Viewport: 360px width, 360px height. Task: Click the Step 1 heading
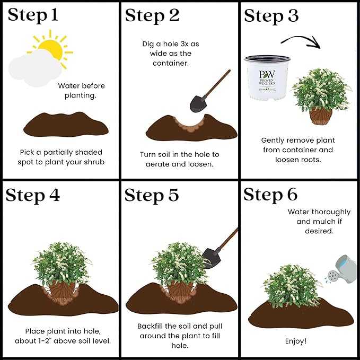pos(33,15)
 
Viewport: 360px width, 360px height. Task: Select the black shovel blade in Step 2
pos(198,104)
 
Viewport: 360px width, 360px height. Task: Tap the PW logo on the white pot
pos(267,74)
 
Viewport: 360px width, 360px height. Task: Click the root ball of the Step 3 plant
pos(321,116)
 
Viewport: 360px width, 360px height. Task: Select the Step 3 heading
pos(271,16)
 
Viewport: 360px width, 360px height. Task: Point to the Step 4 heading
pos(33,196)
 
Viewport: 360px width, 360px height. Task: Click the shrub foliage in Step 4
pos(62,264)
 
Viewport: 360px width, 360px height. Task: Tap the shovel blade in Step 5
pos(211,258)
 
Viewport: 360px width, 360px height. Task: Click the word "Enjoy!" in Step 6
pos(296,341)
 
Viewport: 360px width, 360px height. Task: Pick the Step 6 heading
pos(270,195)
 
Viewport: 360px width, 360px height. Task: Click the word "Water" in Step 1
pos(68,86)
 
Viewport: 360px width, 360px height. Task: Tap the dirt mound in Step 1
pos(66,125)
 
